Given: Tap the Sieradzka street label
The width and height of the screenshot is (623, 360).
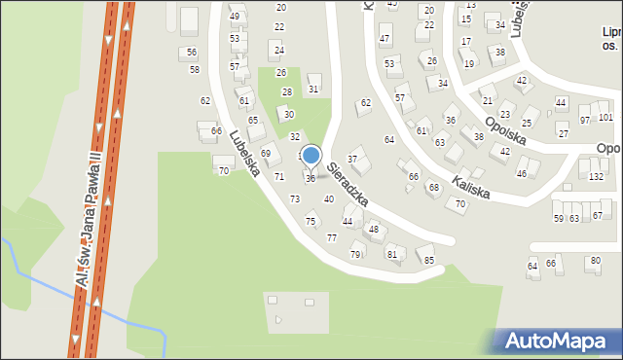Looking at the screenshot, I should pyautogui.click(x=347, y=184).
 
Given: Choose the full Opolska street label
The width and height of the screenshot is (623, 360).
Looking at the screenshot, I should pyautogui.click(x=505, y=127).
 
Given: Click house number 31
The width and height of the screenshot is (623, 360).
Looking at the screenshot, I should pyautogui.click(x=312, y=90).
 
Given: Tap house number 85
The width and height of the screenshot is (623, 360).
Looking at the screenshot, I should pyautogui.click(x=428, y=260).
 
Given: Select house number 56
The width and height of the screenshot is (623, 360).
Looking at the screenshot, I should pyautogui.click(x=192, y=53).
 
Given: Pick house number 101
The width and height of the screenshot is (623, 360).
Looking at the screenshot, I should pyautogui.click(x=605, y=118).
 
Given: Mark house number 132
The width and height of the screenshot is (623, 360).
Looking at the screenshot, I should pyautogui.click(x=597, y=176).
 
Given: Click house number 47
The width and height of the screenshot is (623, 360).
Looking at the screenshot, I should pyautogui.click(x=385, y=40).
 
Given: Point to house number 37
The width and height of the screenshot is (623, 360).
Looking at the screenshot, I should pyautogui.click(x=352, y=160).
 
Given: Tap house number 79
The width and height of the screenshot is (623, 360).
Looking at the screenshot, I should pyautogui.click(x=355, y=255).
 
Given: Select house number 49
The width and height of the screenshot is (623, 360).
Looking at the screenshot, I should pyautogui.click(x=235, y=17).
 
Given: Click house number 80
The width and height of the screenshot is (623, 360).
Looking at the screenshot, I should pyautogui.click(x=595, y=261).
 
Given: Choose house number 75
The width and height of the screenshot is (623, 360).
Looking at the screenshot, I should pyautogui.click(x=311, y=222).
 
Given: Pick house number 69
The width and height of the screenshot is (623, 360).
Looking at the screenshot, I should pyautogui.click(x=265, y=154).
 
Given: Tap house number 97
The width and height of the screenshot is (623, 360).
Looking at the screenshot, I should pyautogui.click(x=585, y=120).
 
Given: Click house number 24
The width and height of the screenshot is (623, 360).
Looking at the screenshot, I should pyautogui.click(x=279, y=50).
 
